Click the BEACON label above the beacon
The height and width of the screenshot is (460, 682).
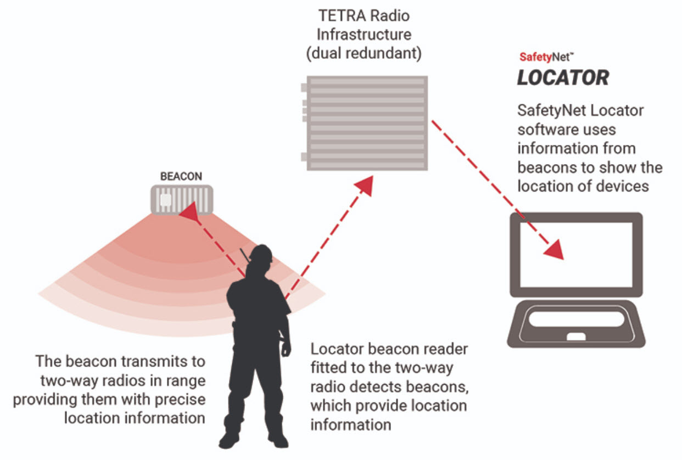point(181,177)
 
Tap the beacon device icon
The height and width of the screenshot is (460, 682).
point(181,199)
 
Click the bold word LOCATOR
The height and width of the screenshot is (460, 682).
point(563,78)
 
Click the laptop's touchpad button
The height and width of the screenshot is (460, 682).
point(575,336)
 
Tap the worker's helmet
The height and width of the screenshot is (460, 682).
point(261,253)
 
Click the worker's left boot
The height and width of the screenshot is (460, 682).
point(230,439)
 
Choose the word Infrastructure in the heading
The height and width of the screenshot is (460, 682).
point(364,35)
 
